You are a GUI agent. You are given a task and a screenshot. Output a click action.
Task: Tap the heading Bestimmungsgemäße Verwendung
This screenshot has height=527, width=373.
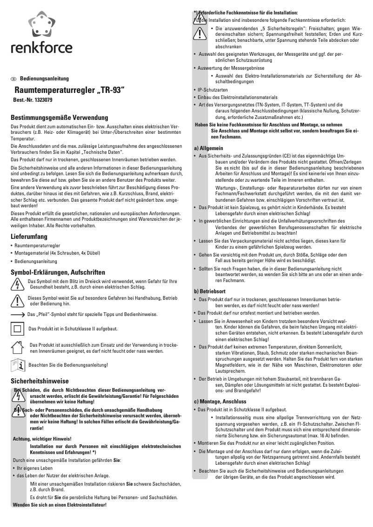(59, 118)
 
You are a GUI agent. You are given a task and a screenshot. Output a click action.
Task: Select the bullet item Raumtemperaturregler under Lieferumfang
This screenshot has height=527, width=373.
(37, 245)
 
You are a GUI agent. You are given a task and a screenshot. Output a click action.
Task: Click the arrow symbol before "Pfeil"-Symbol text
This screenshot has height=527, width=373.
(18, 315)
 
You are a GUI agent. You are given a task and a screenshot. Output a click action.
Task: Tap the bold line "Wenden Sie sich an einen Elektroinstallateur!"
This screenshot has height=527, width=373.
(60, 505)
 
